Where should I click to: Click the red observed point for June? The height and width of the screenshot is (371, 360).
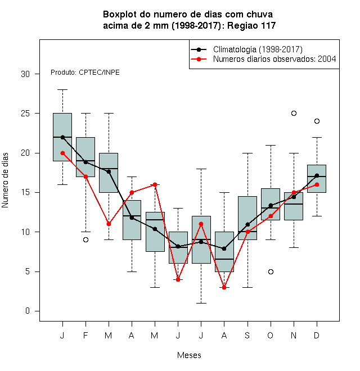click(178, 280)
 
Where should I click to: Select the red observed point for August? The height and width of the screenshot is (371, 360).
click(224, 287)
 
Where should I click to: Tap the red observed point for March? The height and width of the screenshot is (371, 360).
click(109, 224)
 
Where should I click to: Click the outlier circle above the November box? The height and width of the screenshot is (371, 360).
click(294, 114)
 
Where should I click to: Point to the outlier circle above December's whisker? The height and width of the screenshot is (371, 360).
click(317, 121)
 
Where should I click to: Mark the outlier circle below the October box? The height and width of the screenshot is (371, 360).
click(271, 272)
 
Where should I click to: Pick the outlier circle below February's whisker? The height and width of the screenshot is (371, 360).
click(85, 239)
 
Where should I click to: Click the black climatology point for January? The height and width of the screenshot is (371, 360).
click(63, 137)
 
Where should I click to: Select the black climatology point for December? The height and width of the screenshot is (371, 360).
click(317, 175)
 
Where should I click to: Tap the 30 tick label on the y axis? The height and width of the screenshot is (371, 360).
click(25, 74)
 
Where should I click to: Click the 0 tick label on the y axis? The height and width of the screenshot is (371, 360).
click(28, 311)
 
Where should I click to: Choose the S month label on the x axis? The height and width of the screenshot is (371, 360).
click(247, 335)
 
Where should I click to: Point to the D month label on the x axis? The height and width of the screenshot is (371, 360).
click(317, 335)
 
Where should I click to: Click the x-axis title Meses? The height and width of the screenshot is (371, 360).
click(189, 355)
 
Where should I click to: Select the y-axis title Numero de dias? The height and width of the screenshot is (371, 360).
click(5, 180)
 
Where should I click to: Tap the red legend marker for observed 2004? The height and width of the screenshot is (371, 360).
click(199, 59)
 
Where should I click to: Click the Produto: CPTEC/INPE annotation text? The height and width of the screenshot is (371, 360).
click(85, 73)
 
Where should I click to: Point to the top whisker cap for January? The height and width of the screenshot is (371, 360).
click(63, 90)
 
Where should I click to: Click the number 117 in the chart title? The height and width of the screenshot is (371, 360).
click(268, 25)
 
